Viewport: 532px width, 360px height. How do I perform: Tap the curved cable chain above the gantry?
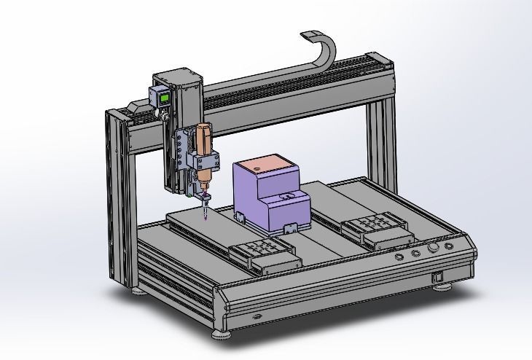coord(326,50)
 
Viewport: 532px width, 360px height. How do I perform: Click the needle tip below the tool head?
coord(206,215)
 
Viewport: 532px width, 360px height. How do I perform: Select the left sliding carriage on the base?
coord(263,254)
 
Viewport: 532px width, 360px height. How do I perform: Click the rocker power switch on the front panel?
coord(437,277)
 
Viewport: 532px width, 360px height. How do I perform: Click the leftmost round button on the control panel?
coord(399,257)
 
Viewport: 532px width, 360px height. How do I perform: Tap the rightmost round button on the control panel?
coord(449,246)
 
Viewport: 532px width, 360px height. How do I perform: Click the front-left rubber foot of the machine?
coord(221,335)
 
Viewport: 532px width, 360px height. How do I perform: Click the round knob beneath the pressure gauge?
coord(164,114)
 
